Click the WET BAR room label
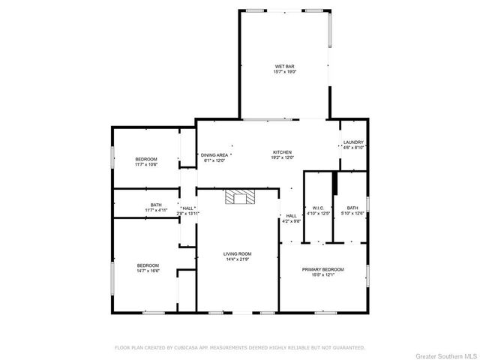284,67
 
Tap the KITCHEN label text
282,152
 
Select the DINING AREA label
214,154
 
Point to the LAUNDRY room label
353,142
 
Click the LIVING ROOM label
237,253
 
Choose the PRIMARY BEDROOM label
323,269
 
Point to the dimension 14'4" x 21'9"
237,259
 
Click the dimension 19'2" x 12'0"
282,158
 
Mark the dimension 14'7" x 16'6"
148,271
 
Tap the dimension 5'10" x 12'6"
352,213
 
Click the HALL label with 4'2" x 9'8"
291,215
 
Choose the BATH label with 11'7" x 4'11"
156,204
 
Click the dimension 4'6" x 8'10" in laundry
353,148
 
